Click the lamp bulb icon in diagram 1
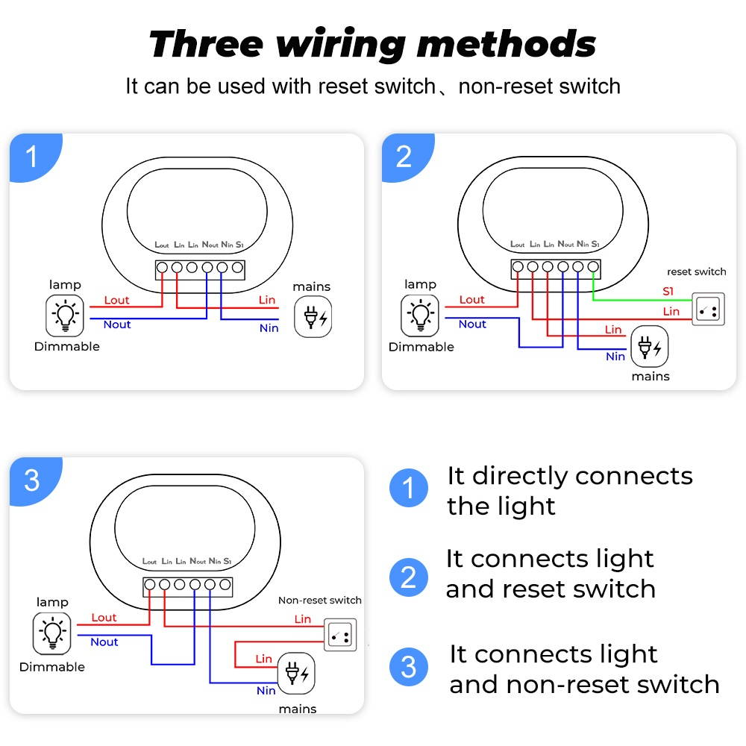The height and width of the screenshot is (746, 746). click(x=66, y=316)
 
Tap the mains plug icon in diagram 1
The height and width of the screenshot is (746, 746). click(x=313, y=316)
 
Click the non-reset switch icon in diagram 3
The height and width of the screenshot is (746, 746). click(x=340, y=634)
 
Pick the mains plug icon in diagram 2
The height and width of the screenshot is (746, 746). click(x=650, y=347)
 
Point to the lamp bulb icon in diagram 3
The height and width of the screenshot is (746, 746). click(x=52, y=633)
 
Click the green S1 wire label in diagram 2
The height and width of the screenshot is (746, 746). click(x=668, y=291)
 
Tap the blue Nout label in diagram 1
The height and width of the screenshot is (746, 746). click(x=117, y=325)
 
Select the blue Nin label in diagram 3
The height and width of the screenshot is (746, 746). click(x=266, y=690)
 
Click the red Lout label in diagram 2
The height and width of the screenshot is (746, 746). click(x=472, y=299)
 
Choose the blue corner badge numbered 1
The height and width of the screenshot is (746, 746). click(x=31, y=157)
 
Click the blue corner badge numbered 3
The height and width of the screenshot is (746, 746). click(x=31, y=480)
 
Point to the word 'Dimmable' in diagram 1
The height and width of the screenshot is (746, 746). click(x=67, y=346)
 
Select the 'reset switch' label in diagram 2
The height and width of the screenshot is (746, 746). click(x=696, y=272)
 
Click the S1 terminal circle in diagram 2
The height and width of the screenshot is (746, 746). click(x=593, y=266)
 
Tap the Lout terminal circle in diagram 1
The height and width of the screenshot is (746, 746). click(x=162, y=267)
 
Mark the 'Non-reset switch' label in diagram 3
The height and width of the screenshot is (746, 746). click(x=320, y=600)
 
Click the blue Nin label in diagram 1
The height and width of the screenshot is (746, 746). click(x=269, y=328)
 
